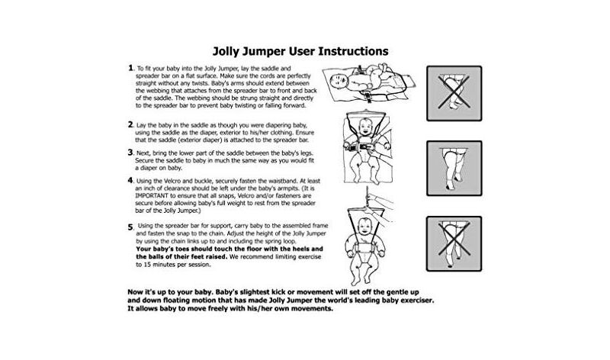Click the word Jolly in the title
click(x=224, y=52)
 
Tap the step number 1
click(x=130, y=68)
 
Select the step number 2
click(x=130, y=124)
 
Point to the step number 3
click(x=130, y=153)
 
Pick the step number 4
click(x=130, y=180)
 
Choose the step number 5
click(x=130, y=227)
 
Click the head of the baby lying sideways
click(x=339, y=81)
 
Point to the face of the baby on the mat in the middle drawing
click(x=366, y=127)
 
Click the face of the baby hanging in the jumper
click(x=365, y=226)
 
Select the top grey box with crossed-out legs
click(x=454, y=93)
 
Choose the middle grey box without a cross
click(x=454, y=168)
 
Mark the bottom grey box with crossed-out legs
click(x=454, y=243)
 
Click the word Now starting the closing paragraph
click(x=136, y=292)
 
